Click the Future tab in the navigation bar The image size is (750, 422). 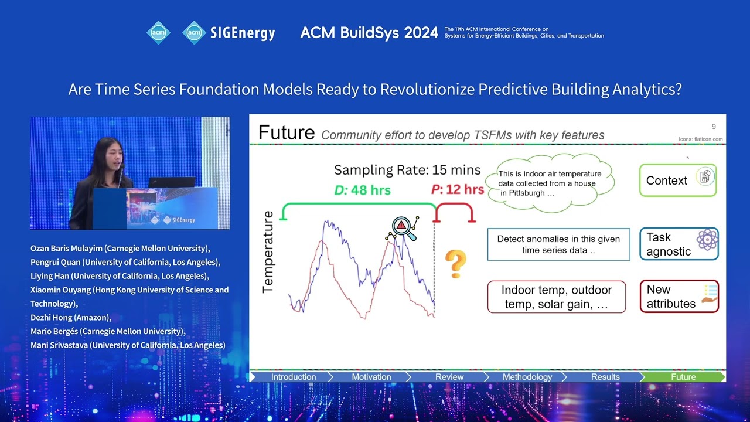tap(683, 377)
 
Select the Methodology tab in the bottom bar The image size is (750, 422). tap(527, 377)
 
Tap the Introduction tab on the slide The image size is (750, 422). tap(293, 377)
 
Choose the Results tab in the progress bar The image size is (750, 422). tap(605, 377)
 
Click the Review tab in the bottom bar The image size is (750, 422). tap(449, 377)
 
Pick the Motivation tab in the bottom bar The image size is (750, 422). tap(371, 377)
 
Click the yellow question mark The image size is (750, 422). tap(455, 264)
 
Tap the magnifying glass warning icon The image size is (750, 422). tap(402, 229)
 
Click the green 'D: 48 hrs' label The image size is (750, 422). tap(362, 190)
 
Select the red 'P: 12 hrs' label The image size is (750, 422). tap(458, 190)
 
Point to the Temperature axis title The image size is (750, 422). tap(268, 252)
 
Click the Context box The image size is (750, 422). tap(678, 181)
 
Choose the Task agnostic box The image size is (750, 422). tap(679, 244)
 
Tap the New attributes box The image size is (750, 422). tap(679, 297)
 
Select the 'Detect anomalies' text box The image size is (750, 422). tap(558, 244)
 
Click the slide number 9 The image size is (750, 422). tap(713, 127)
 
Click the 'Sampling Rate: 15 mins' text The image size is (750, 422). tap(407, 171)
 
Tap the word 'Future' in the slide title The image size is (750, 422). tap(287, 132)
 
